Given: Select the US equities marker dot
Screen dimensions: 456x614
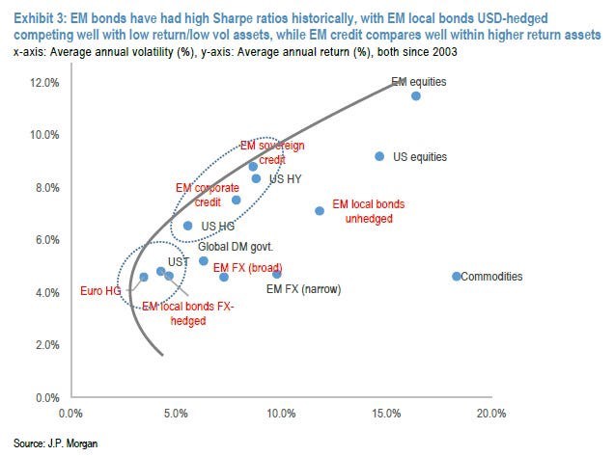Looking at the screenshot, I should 379,156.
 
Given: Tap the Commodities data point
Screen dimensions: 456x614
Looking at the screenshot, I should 457,277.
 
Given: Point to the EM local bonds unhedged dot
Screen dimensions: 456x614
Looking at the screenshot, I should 320,211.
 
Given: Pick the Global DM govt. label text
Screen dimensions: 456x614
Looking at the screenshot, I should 230,246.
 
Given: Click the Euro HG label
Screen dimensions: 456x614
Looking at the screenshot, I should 99,288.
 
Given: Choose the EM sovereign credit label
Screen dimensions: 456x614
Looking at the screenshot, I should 272,152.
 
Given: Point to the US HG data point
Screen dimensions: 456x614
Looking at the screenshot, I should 188,226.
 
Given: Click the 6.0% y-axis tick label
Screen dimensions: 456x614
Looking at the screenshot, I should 42,240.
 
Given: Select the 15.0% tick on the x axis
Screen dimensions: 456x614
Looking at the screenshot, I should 386,414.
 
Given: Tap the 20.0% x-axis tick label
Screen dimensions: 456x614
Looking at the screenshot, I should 491,414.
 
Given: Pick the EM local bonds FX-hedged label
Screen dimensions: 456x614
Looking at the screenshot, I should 189,312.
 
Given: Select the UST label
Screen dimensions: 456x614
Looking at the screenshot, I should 178,261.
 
